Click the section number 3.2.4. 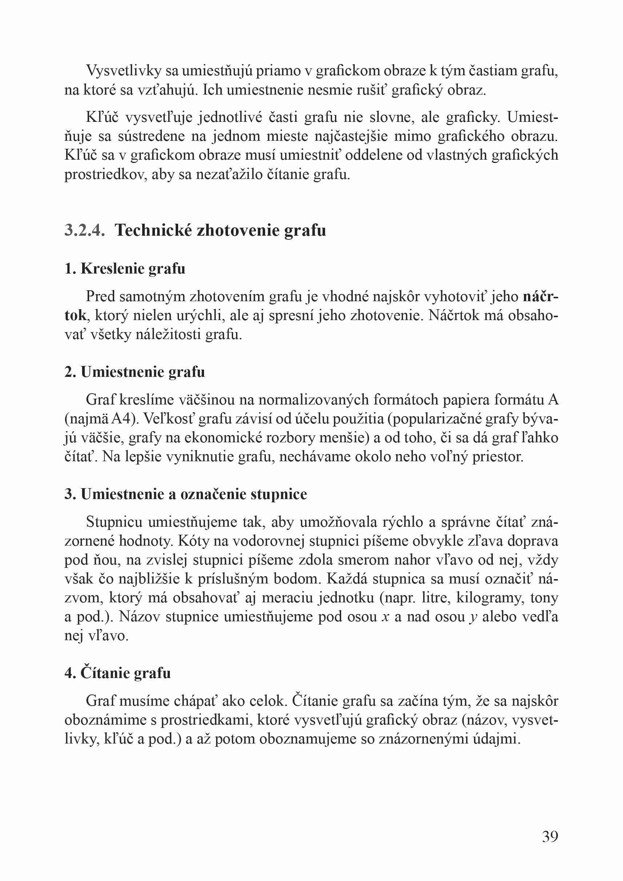(84, 230)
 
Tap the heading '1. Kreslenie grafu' (125, 268)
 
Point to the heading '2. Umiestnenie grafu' (135, 372)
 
